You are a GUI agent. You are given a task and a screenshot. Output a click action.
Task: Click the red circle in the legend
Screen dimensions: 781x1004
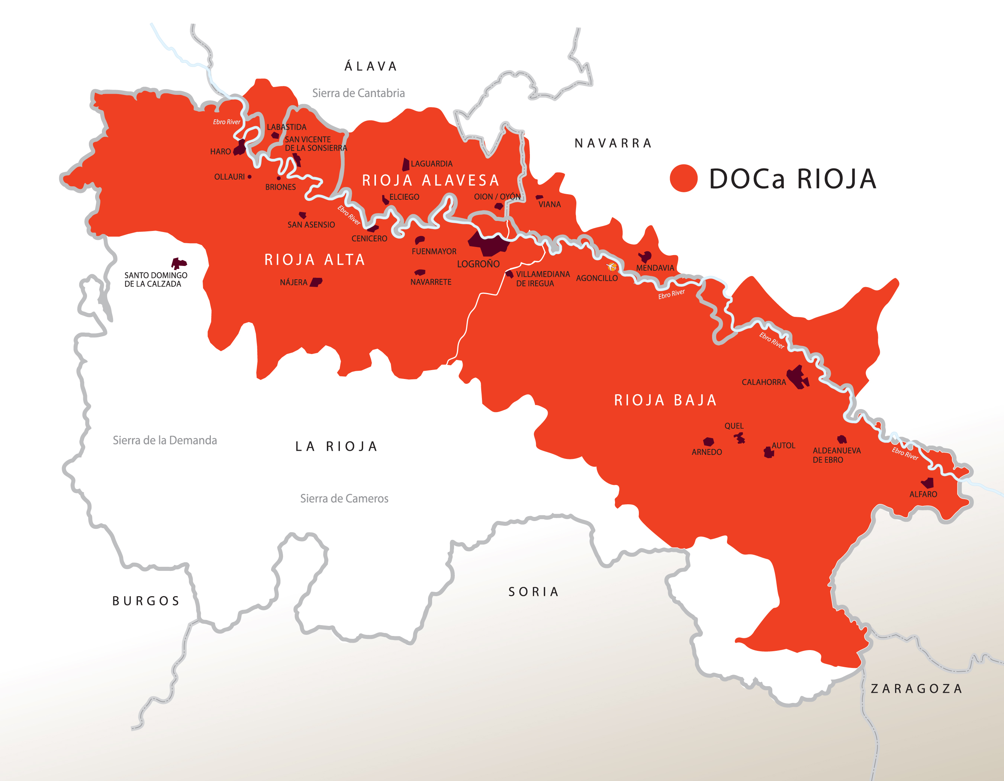[683, 179]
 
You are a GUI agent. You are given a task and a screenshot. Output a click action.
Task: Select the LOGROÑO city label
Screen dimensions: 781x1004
[478, 264]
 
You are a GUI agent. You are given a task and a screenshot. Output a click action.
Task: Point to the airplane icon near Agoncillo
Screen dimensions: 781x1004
[612, 266]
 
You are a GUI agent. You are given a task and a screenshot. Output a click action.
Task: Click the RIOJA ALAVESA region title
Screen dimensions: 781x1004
[430, 180]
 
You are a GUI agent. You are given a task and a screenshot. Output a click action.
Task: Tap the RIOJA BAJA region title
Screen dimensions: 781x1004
[665, 400]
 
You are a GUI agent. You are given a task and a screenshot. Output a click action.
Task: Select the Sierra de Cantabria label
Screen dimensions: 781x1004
[358, 93]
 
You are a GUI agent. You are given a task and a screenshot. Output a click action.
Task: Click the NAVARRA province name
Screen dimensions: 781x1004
[613, 144]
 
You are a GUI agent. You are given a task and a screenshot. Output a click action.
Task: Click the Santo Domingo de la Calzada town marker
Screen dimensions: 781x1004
[178, 263]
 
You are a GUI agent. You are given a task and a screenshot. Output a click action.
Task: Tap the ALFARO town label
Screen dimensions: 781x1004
[923, 494]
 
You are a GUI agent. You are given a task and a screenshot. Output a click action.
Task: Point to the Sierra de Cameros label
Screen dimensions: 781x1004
[344, 498]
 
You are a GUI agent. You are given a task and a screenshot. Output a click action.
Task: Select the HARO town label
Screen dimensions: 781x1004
[220, 152]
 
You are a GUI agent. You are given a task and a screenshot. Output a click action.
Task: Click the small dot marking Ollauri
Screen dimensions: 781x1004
[250, 177]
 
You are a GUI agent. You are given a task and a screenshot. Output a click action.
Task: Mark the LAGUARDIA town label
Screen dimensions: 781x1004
[431, 164]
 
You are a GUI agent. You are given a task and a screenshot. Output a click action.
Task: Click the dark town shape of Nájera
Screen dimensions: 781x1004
[316, 282]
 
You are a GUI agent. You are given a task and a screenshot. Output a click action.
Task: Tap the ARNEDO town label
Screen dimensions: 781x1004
[707, 452]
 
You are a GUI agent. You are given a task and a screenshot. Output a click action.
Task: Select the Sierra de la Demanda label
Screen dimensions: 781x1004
[165, 440]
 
